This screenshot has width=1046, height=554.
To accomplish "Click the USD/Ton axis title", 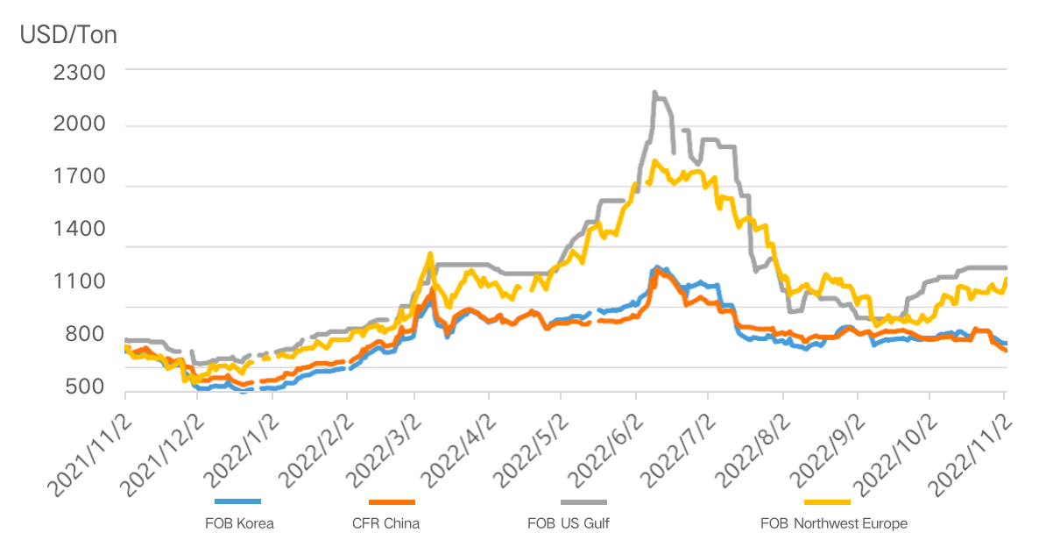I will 68,35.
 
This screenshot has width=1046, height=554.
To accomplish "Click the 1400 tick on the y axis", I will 79,229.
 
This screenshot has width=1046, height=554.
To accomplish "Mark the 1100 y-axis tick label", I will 79,281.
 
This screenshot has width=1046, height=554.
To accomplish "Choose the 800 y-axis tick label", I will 85,334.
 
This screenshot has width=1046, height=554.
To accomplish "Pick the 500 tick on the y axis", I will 85,387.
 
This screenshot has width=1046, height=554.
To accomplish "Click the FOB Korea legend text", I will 238,523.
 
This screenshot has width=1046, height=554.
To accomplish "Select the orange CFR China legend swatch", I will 392,502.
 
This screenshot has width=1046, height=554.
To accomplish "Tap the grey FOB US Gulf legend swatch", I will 583,502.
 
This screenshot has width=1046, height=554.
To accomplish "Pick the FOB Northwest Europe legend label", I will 833,523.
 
